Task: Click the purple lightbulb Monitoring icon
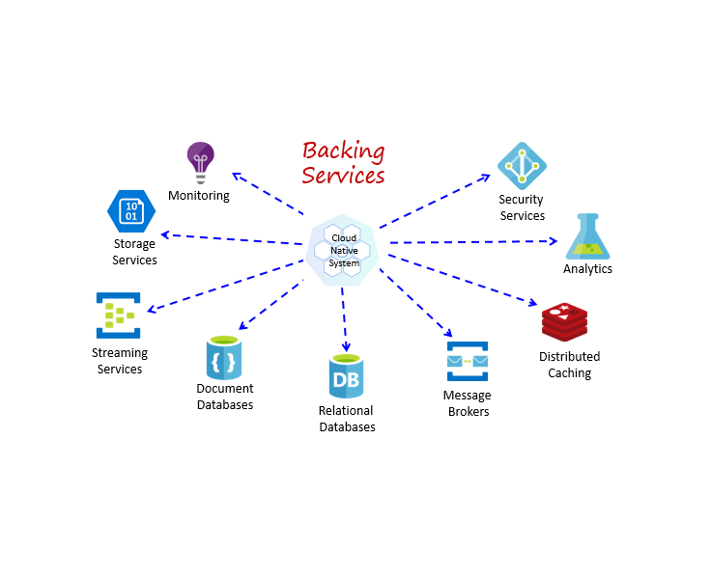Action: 200,161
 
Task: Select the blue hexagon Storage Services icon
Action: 131,210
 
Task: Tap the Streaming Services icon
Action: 118,315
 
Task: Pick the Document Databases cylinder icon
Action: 224,357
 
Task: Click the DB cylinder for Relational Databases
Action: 346,377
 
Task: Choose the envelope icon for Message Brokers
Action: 467,362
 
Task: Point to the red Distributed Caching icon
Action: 564,321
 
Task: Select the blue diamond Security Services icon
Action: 522,166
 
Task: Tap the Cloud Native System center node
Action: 345,250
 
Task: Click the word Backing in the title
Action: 343,151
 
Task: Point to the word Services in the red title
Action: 343,176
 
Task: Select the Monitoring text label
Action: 199,196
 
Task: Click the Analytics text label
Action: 587,269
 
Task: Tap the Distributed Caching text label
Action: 569,365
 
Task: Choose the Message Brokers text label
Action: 467,403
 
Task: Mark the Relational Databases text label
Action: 347,419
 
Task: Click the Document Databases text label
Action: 225,397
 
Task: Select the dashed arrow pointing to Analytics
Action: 473,241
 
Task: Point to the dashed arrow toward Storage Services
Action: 232,239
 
